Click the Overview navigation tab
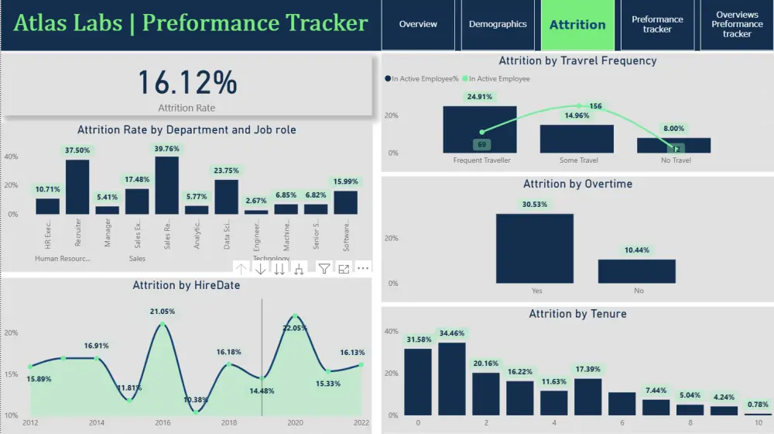pyautogui.click(x=418, y=25)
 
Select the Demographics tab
pyautogui.click(x=498, y=25)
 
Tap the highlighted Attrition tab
pyautogui.click(x=577, y=25)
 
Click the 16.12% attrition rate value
pyautogui.click(x=187, y=82)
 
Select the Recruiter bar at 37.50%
pyautogui.click(x=77, y=186)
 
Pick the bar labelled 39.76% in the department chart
pyautogui.click(x=166, y=185)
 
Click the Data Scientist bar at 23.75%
pyautogui.click(x=226, y=197)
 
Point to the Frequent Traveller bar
pyautogui.click(x=479, y=129)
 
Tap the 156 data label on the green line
pyautogui.click(x=595, y=106)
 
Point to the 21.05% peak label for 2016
pyautogui.click(x=162, y=312)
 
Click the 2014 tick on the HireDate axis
pyautogui.click(x=97, y=423)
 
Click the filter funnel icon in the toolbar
pyautogui.click(x=324, y=269)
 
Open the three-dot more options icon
pyautogui.click(x=363, y=269)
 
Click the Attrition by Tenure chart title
pyautogui.click(x=577, y=314)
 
